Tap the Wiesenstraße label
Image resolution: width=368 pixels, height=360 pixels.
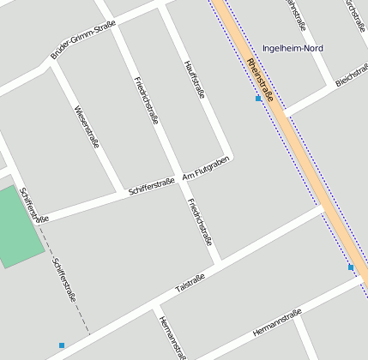(87, 126)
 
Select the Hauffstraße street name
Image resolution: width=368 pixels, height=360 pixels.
(195, 80)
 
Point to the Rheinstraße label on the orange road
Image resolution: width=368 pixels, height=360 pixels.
(259, 81)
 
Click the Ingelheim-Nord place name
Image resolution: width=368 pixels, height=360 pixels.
(293, 48)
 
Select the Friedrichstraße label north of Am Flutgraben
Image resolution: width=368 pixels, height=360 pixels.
(147, 100)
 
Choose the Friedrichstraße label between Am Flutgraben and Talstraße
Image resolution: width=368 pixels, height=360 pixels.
(200, 222)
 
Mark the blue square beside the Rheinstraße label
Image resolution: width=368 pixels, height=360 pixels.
(258, 99)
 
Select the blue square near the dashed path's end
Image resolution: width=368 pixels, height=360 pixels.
(62, 345)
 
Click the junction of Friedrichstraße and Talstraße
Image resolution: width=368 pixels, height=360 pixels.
(219, 261)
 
